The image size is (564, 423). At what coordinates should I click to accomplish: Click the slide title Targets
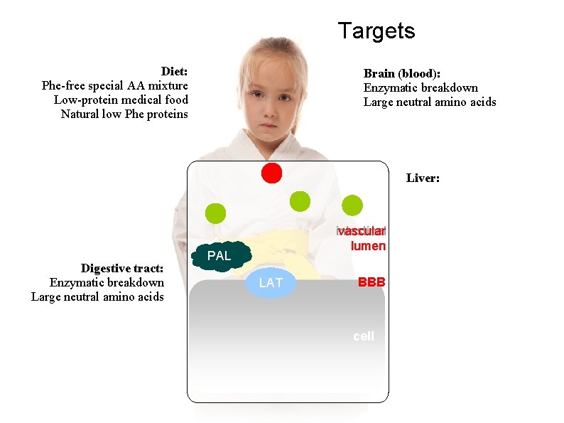pyautogui.click(x=376, y=31)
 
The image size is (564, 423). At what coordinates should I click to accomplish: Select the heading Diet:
pyautogui.click(x=174, y=71)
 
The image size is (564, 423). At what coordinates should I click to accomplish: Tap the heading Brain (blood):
pyautogui.click(x=402, y=73)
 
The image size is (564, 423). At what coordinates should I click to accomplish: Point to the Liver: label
pyautogui.click(x=423, y=178)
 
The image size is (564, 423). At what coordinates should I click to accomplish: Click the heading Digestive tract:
pyautogui.click(x=122, y=268)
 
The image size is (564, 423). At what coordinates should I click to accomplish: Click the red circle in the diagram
pyautogui.click(x=271, y=173)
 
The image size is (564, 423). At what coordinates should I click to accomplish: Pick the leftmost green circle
pyautogui.click(x=215, y=213)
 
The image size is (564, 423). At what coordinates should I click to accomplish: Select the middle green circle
pyautogui.click(x=300, y=201)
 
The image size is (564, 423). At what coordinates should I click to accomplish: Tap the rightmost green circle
pyautogui.click(x=352, y=205)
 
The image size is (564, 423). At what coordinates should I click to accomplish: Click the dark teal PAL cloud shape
pyautogui.click(x=221, y=255)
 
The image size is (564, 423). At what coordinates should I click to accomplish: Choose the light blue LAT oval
pyautogui.click(x=271, y=283)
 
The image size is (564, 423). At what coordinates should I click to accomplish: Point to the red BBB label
pyautogui.click(x=372, y=282)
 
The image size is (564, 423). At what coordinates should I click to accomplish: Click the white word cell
pyautogui.click(x=363, y=336)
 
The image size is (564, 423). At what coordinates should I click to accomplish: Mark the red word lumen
pyautogui.click(x=368, y=246)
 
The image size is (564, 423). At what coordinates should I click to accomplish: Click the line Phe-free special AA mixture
pyautogui.click(x=115, y=85)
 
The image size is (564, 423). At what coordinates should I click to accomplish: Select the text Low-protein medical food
pyautogui.click(x=121, y=100)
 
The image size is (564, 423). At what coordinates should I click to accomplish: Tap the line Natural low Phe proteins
pyautogui.click(x=124, y=114)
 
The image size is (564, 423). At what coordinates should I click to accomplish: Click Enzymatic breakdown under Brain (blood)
pyautogui.click(x=421, y=87)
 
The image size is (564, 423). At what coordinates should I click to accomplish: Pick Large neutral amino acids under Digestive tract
pyautogui.click(x=97, y=296)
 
